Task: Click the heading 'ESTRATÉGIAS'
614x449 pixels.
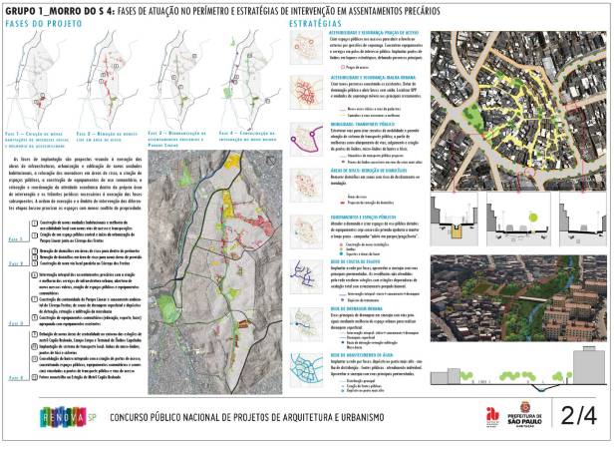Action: click(312, 21)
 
